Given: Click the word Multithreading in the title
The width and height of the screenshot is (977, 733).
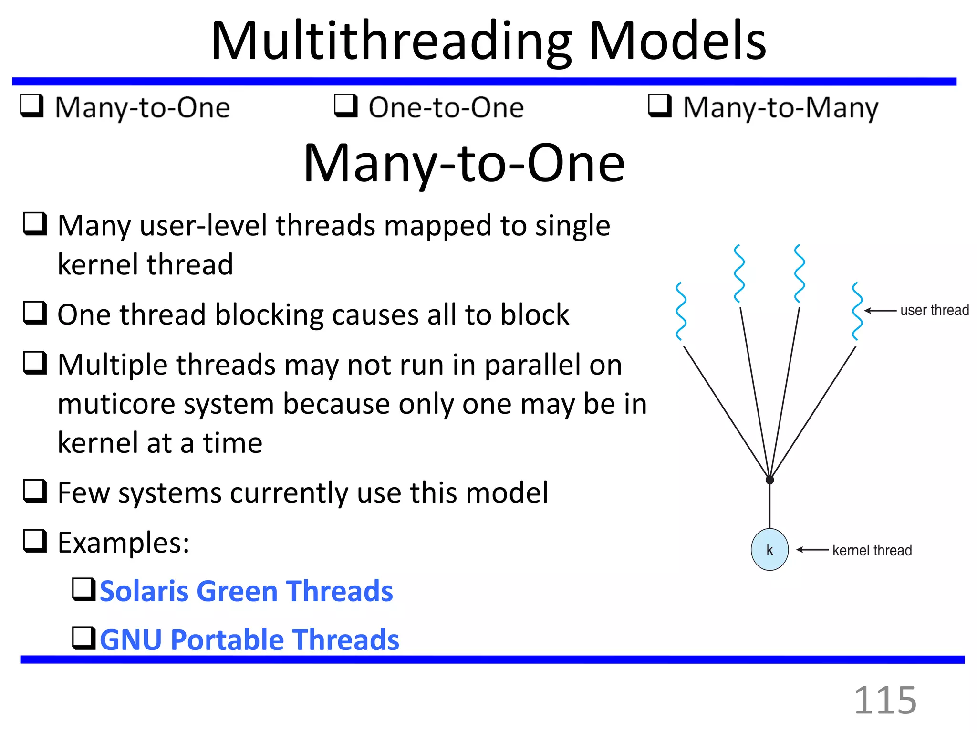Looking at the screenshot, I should click(x=391, y=42).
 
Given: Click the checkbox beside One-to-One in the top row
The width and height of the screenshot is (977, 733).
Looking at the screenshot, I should click(x=345, y=105).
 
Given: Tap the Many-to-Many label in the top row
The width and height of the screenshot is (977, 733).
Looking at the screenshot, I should click(x=780, y=108).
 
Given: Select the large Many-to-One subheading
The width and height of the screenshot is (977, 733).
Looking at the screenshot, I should click(x=464, y=164).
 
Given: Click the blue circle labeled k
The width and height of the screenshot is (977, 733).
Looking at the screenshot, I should click(x=769, y=550).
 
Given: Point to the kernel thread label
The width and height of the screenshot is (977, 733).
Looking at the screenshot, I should click(x=872, y=550).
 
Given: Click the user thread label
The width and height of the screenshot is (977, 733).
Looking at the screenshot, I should click(x=935, y=310).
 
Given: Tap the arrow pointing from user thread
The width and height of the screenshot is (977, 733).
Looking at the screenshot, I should click(x=880, y=311).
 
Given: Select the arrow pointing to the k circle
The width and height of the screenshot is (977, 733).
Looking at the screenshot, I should click(x=812, y=550).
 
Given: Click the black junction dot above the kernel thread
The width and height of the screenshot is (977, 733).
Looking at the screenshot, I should click(x=769, y=480).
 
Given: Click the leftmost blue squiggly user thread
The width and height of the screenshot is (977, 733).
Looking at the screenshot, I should click(x=681, y=311).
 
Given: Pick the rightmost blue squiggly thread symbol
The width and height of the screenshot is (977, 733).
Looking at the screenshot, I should click(x=857, y=311).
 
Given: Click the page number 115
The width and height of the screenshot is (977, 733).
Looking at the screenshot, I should click(x=885, y=700).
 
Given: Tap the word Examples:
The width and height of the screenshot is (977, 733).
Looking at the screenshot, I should click(x=124, y=543).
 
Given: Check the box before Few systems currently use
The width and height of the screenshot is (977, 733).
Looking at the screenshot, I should click(x=35, y=491).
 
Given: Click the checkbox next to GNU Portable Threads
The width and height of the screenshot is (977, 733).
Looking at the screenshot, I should click(x=83, y=638).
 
